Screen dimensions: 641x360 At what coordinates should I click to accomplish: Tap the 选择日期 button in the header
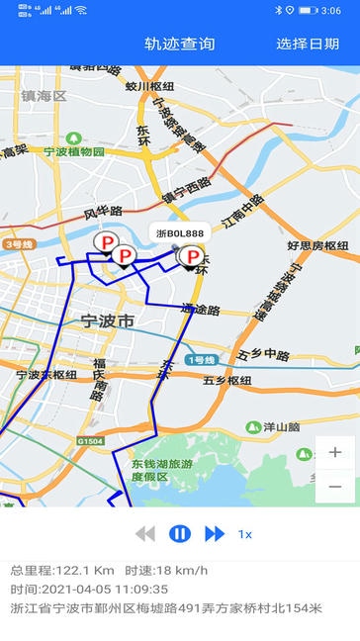point(308,44)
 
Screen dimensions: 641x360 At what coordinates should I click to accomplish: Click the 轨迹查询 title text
point(179,44)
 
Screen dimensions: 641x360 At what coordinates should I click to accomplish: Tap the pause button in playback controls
point(179,534)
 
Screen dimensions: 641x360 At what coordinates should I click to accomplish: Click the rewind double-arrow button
point(145,534)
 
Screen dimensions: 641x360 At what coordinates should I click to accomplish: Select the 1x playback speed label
point(244,534)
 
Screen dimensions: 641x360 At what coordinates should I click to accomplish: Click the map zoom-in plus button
point(335,452)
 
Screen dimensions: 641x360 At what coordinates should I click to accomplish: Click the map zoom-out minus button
point(335,487)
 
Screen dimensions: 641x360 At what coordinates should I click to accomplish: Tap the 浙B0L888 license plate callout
point(180,233)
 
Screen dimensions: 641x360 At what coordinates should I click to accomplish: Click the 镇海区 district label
point(44,96)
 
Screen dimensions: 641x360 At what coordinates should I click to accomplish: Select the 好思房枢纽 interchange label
point(317,245)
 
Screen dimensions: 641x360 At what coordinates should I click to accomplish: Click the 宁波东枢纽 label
point(45,376)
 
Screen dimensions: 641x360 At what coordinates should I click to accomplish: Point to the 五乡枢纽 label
point(226,380)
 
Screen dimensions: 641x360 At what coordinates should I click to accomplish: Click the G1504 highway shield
point(89,440)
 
